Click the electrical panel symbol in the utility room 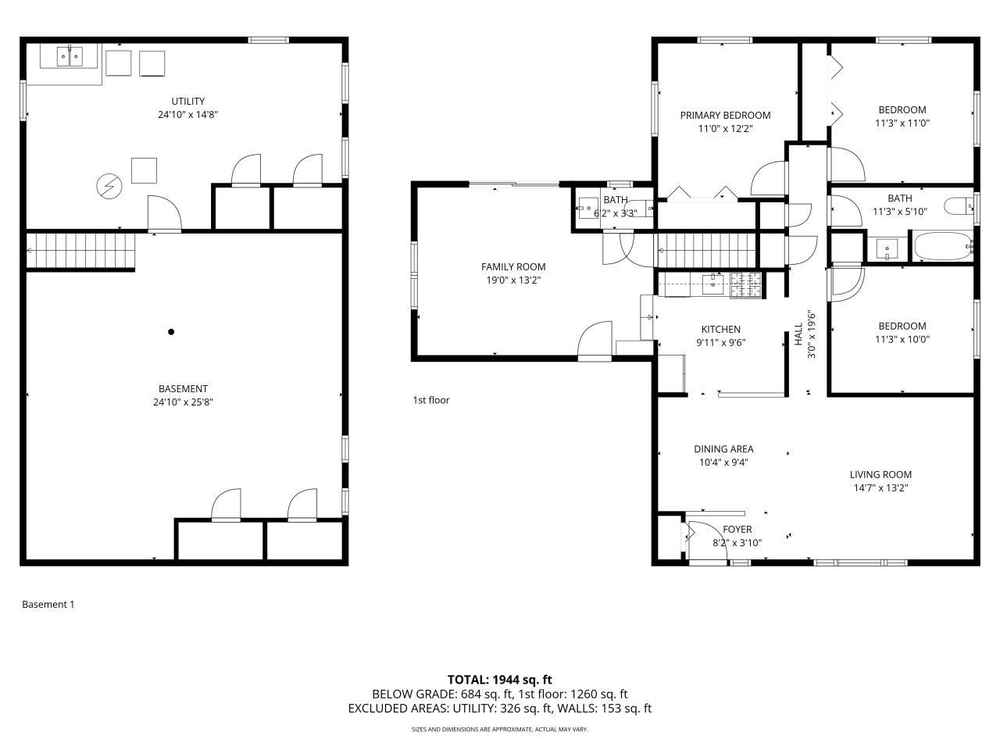109,186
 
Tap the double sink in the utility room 70,56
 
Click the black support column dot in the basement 171,332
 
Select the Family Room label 513,267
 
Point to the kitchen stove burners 746,285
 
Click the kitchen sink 712,284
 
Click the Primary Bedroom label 725,116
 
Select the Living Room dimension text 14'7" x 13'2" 880,488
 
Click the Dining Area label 724,449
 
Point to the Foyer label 737,530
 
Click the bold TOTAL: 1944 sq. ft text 500,680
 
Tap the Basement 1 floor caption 48,604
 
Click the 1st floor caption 431,400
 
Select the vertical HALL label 798,334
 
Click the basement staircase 80,251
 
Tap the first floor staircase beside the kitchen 705,251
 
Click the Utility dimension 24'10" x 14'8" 188,114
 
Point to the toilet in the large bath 958,207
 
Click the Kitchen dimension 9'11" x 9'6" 721,342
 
